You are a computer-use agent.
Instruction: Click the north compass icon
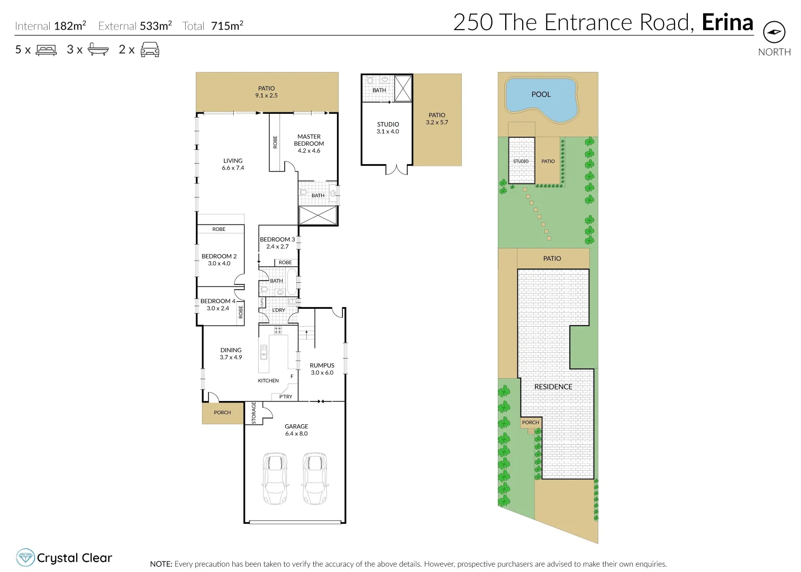coord(774,32)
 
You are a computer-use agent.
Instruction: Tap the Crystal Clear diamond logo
coord(25,558)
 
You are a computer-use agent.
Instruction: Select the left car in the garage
coord(275,478)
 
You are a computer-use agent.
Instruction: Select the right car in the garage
coord(315,478)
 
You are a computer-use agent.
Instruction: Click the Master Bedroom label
coord(309,144)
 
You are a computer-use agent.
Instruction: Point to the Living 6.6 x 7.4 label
coord(233,164)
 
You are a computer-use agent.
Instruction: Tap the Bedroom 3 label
coord(277,243)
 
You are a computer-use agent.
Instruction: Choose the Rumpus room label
coord(322,369)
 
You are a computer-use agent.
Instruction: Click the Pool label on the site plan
coord(541,94)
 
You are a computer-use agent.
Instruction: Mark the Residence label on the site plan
coord(553,387)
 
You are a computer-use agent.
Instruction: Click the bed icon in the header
coord(46,50)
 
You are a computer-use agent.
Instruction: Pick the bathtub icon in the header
coord(98,50)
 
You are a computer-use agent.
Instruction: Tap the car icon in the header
coord(150,50)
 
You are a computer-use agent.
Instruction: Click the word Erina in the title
coord(727,23)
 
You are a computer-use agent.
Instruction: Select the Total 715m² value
coord(227,26)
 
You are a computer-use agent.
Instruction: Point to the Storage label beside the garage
coord(254,413)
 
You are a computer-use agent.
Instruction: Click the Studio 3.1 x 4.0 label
coord(388,128)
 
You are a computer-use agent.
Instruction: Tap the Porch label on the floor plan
coord(222,413)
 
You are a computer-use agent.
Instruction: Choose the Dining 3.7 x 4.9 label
coord(231,353)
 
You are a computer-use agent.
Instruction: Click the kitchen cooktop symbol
coord(278,330)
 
